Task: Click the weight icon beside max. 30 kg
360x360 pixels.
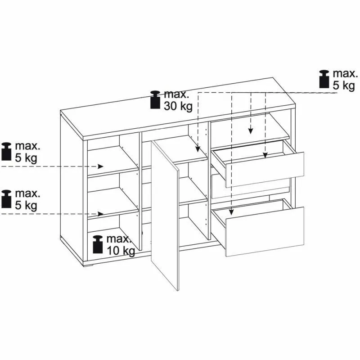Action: coord(155,99)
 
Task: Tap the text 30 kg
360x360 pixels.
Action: coord(178,106)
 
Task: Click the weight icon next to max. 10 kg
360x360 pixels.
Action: coord(98,244)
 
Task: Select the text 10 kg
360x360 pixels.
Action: coord(121,251)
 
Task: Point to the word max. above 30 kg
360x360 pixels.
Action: coord(176,94)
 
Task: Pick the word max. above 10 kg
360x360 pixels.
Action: coord(118,239)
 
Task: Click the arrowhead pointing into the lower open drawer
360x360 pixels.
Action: coord(231,212)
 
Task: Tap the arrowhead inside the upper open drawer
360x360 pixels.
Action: coord(265,155)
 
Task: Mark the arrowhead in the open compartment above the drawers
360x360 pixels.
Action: coord(251,130)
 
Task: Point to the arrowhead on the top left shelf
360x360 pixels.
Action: coord(100,166)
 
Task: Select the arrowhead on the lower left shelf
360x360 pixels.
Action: coord(100,214)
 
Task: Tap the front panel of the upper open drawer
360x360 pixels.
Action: coord(265,170)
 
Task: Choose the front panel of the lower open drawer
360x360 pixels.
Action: coord(265,232)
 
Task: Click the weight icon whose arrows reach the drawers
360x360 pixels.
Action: coord(324,79)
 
